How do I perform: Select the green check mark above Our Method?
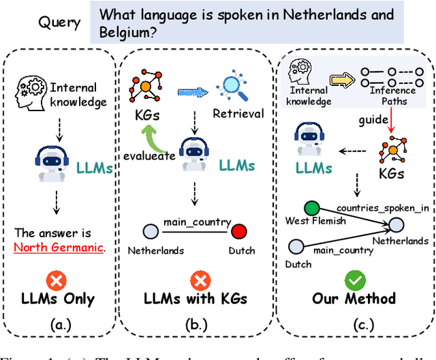(354, 280)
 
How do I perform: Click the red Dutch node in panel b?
(238, 232)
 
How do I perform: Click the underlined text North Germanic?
(59, 247)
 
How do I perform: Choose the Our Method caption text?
(354, 299)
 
